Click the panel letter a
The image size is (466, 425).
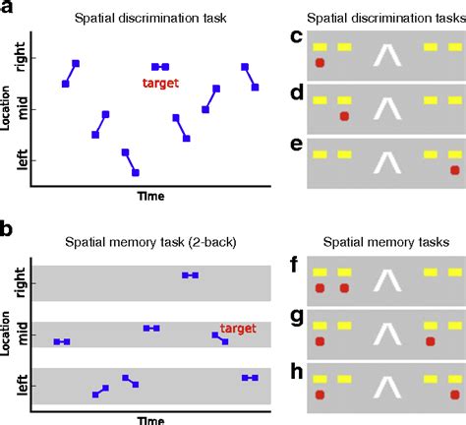pos(7,8)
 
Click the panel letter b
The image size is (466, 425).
pos(7,229)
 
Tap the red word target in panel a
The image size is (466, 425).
pos(159,84)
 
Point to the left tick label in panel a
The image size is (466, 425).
pos(20,159)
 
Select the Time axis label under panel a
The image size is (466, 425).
pos(149,196)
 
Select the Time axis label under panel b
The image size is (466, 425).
pos(149,419)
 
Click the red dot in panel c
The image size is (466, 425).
pos(320,64)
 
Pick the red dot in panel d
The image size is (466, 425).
pos(343,116)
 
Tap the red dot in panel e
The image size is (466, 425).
pos(454,170)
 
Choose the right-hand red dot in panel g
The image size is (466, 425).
pos(430,341)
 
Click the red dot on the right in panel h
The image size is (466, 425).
pos(454,395)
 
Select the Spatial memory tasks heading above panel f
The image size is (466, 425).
pos(386,240)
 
